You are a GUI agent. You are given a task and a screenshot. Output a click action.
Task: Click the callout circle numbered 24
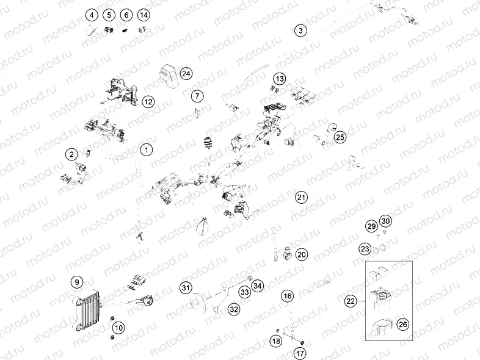[186, 74]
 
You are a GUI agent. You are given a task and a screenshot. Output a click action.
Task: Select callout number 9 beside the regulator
[76, 282]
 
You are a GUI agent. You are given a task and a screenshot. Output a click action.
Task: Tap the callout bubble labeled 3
[300, 31]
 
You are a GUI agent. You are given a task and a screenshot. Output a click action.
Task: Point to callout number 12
[148, 102]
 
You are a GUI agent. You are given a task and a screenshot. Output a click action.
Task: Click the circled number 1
[146, 149]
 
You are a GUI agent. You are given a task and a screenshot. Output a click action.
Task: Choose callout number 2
[72, 154]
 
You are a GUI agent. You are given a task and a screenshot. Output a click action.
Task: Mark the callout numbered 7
[197, 96]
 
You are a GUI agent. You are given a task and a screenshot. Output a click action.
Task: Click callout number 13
[279, 79]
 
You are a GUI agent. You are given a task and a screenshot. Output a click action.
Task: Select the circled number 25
[340, 137]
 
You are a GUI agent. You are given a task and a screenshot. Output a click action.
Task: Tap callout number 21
[301, 197]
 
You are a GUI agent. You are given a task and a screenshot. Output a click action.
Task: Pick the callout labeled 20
[302, 254]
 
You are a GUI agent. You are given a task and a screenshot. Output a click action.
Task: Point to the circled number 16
[288, 297]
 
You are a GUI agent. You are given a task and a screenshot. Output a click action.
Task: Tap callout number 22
[351, 301]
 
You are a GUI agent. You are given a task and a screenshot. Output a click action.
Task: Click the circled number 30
[385, 221]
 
